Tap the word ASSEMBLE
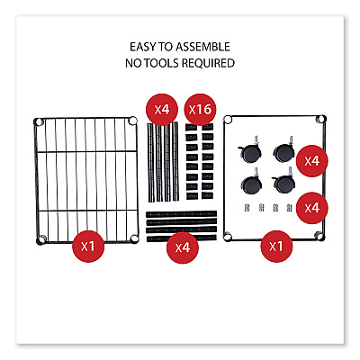[202, 47]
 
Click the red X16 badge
[200, 110]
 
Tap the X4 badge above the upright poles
[162, 110]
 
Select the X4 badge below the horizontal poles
[183, 247]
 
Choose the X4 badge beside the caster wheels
[312, 161]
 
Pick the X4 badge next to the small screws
[312, 208]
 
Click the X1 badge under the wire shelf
[88, 247]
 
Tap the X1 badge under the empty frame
[276, 247]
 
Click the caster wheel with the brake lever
[249, 150]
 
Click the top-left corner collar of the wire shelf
[39, 121]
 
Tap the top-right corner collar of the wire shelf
[132, 121]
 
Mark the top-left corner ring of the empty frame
[228, 120]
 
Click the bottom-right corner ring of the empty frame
[320, 237]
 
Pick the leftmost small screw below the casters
[247, 208]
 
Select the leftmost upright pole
[151, 162]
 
